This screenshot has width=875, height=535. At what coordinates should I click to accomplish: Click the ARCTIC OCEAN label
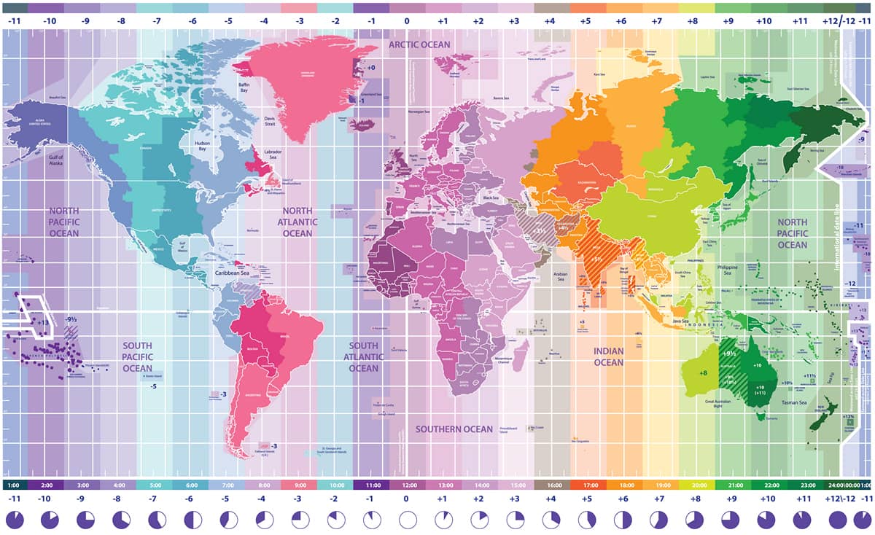click(419, 44)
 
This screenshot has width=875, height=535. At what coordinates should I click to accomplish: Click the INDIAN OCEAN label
click(608, 356)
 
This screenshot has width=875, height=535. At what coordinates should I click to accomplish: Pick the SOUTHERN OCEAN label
click(454, 429)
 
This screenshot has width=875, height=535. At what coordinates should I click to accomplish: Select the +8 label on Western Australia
click(703, 373)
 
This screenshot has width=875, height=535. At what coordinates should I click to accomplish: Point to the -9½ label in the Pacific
click(71, 319)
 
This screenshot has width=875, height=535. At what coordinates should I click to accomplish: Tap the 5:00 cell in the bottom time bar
click(155, 485)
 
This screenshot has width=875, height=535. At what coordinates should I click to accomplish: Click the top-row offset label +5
click(586, 22)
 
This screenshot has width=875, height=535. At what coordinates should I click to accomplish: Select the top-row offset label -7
click(156, 22)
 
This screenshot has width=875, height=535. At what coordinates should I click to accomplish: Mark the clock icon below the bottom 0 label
click(407, 520)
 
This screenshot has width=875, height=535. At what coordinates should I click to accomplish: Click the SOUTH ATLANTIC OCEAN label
click(363, 356)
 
